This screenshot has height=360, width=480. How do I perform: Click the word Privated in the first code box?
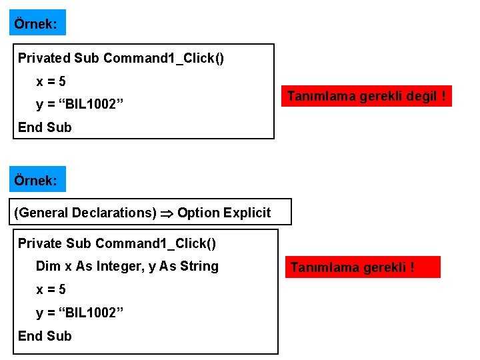click(44, 58)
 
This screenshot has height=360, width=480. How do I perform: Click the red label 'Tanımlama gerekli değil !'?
click(366, 96)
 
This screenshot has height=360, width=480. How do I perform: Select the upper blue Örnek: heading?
click(37, 23)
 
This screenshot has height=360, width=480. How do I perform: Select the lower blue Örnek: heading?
click(37, 179)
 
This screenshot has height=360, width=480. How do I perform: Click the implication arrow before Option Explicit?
click(167, 213)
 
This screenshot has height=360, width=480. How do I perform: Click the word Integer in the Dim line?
click(120, 266)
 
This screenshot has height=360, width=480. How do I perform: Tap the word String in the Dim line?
click(198, 266)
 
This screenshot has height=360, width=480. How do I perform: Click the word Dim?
click(48, 266)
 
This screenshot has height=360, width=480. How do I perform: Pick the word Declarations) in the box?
click(114, 213)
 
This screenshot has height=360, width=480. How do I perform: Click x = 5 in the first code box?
click(51, 81)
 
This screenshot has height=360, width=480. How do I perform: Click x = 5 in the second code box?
click(51, 290)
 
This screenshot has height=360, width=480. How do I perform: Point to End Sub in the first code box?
click(45, 127)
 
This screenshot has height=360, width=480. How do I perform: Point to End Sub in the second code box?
click(45, 335)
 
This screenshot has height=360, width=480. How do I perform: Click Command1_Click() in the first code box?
click(163, 58)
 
